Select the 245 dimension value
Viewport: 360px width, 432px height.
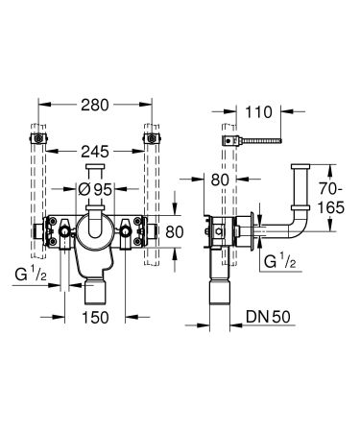coord(94,151)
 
